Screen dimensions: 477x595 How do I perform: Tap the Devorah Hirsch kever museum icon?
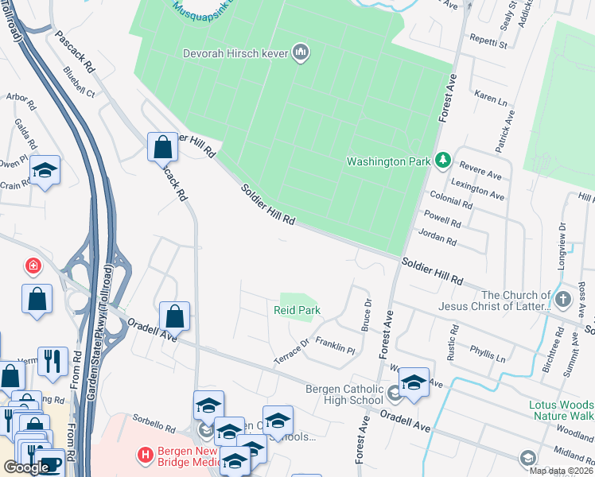(301, 53)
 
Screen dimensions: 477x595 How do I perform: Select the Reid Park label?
(297, 310)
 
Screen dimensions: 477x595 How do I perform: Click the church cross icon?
(563, 300)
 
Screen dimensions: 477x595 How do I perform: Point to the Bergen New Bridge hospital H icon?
(146, 456)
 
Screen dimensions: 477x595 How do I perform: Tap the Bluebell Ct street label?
(79, 83)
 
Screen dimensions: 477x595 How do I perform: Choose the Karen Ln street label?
(491, 98)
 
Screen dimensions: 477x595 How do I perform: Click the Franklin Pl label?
(335, 345)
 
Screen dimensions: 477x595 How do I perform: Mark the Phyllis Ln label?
(488, 354)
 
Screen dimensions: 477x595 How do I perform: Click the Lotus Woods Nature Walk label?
(562, 410)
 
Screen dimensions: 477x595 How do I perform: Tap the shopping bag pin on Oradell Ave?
(174, 316)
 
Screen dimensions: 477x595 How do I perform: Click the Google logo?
(27, 467)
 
